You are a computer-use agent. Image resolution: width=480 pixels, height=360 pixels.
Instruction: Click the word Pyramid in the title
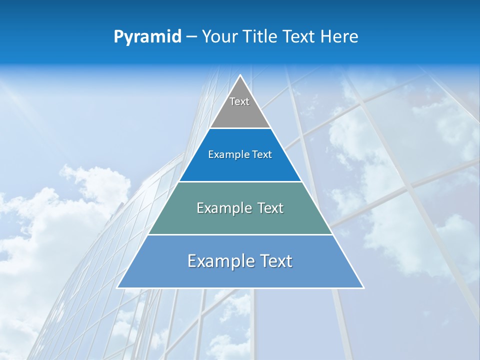point(147,37)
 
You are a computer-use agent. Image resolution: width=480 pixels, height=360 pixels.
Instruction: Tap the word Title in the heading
point(263,37)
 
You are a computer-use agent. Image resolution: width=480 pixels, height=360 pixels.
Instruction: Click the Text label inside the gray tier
point(239,101)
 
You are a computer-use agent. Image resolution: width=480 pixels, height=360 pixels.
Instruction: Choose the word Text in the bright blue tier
point(262,155)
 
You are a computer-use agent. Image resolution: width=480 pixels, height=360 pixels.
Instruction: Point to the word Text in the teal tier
point(270,208)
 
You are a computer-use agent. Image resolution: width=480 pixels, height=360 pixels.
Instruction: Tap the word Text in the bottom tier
point(276,261)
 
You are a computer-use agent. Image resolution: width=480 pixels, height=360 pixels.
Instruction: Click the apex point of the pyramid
point(240,75)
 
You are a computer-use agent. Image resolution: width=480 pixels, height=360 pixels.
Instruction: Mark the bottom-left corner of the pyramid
point(117,287)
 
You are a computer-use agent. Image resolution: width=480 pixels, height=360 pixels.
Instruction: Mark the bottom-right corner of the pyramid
point(363,287)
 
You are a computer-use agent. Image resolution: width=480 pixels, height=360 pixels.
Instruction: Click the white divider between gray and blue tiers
point(240,128)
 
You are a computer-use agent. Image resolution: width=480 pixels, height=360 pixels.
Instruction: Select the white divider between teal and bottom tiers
point(240,234)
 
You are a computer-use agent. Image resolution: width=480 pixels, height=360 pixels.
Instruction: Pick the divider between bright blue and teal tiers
point(240,181)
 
